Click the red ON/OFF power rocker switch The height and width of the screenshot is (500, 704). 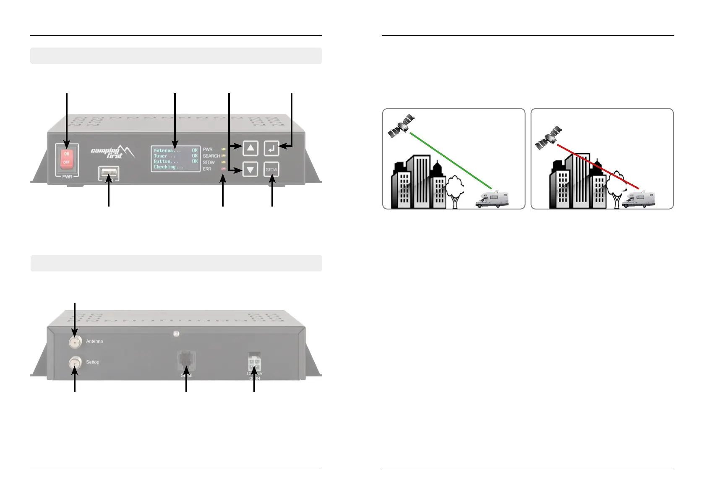pos(66,158)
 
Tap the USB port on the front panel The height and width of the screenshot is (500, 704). pos(109,173)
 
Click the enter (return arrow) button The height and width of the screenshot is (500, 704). pos(271,148)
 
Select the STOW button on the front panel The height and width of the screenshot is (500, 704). pos(271,170)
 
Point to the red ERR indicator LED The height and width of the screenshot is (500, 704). pos(223,169)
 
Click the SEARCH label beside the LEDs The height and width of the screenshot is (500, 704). pos(211,156)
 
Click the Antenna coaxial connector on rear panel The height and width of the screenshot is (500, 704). pos(75,342)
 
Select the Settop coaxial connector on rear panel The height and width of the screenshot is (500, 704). pos(75,362)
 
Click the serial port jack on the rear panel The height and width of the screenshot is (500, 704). pos(186,361)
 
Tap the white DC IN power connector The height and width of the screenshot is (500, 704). pos(254,362)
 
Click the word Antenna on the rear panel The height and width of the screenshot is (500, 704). pos(94,341)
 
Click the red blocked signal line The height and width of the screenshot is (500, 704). pos(598,166)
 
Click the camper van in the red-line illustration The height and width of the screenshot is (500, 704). pos(639,199)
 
